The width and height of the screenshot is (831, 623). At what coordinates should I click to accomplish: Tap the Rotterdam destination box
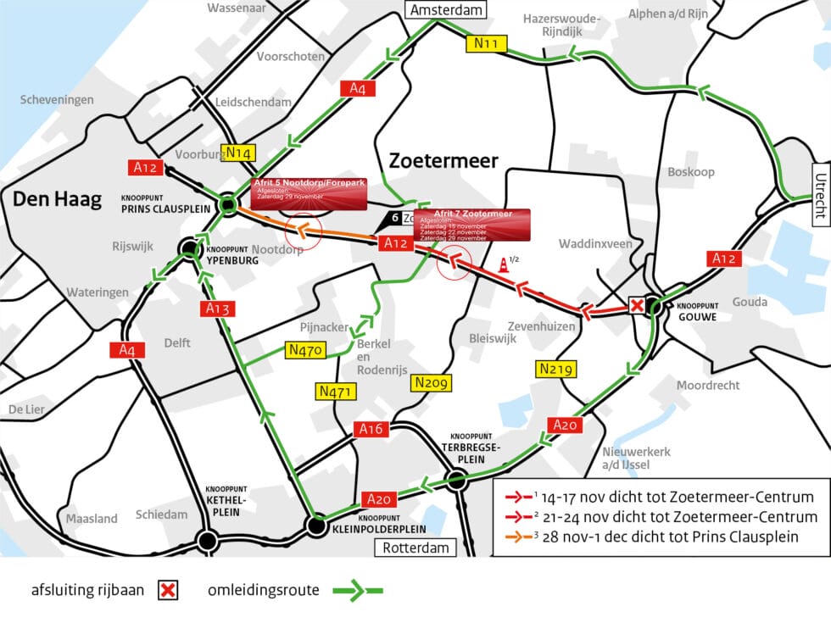[415, 548]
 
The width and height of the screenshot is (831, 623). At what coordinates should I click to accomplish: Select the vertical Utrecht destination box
[820, 192]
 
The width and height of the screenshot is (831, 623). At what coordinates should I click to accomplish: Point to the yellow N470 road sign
[303, 350]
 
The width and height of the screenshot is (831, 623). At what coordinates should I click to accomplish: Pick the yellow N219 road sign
[556, 369]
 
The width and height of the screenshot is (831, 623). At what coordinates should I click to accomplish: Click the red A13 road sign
[218, 309]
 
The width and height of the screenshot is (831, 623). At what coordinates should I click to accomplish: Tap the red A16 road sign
[371, 429]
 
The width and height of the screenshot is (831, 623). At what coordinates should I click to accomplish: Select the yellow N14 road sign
[239, 153]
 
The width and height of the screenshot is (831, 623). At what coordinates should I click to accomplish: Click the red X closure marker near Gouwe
[636, 305]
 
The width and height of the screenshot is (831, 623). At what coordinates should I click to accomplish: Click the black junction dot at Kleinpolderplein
[317, 526]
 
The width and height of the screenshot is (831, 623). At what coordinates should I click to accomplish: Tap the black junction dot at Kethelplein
[206, 540]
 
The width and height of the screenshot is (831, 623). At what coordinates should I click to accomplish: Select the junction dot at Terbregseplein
[457, 481]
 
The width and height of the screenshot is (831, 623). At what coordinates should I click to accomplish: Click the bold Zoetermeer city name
[443, 160]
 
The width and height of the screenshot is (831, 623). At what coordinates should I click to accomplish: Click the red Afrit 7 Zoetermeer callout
[471, 225]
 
